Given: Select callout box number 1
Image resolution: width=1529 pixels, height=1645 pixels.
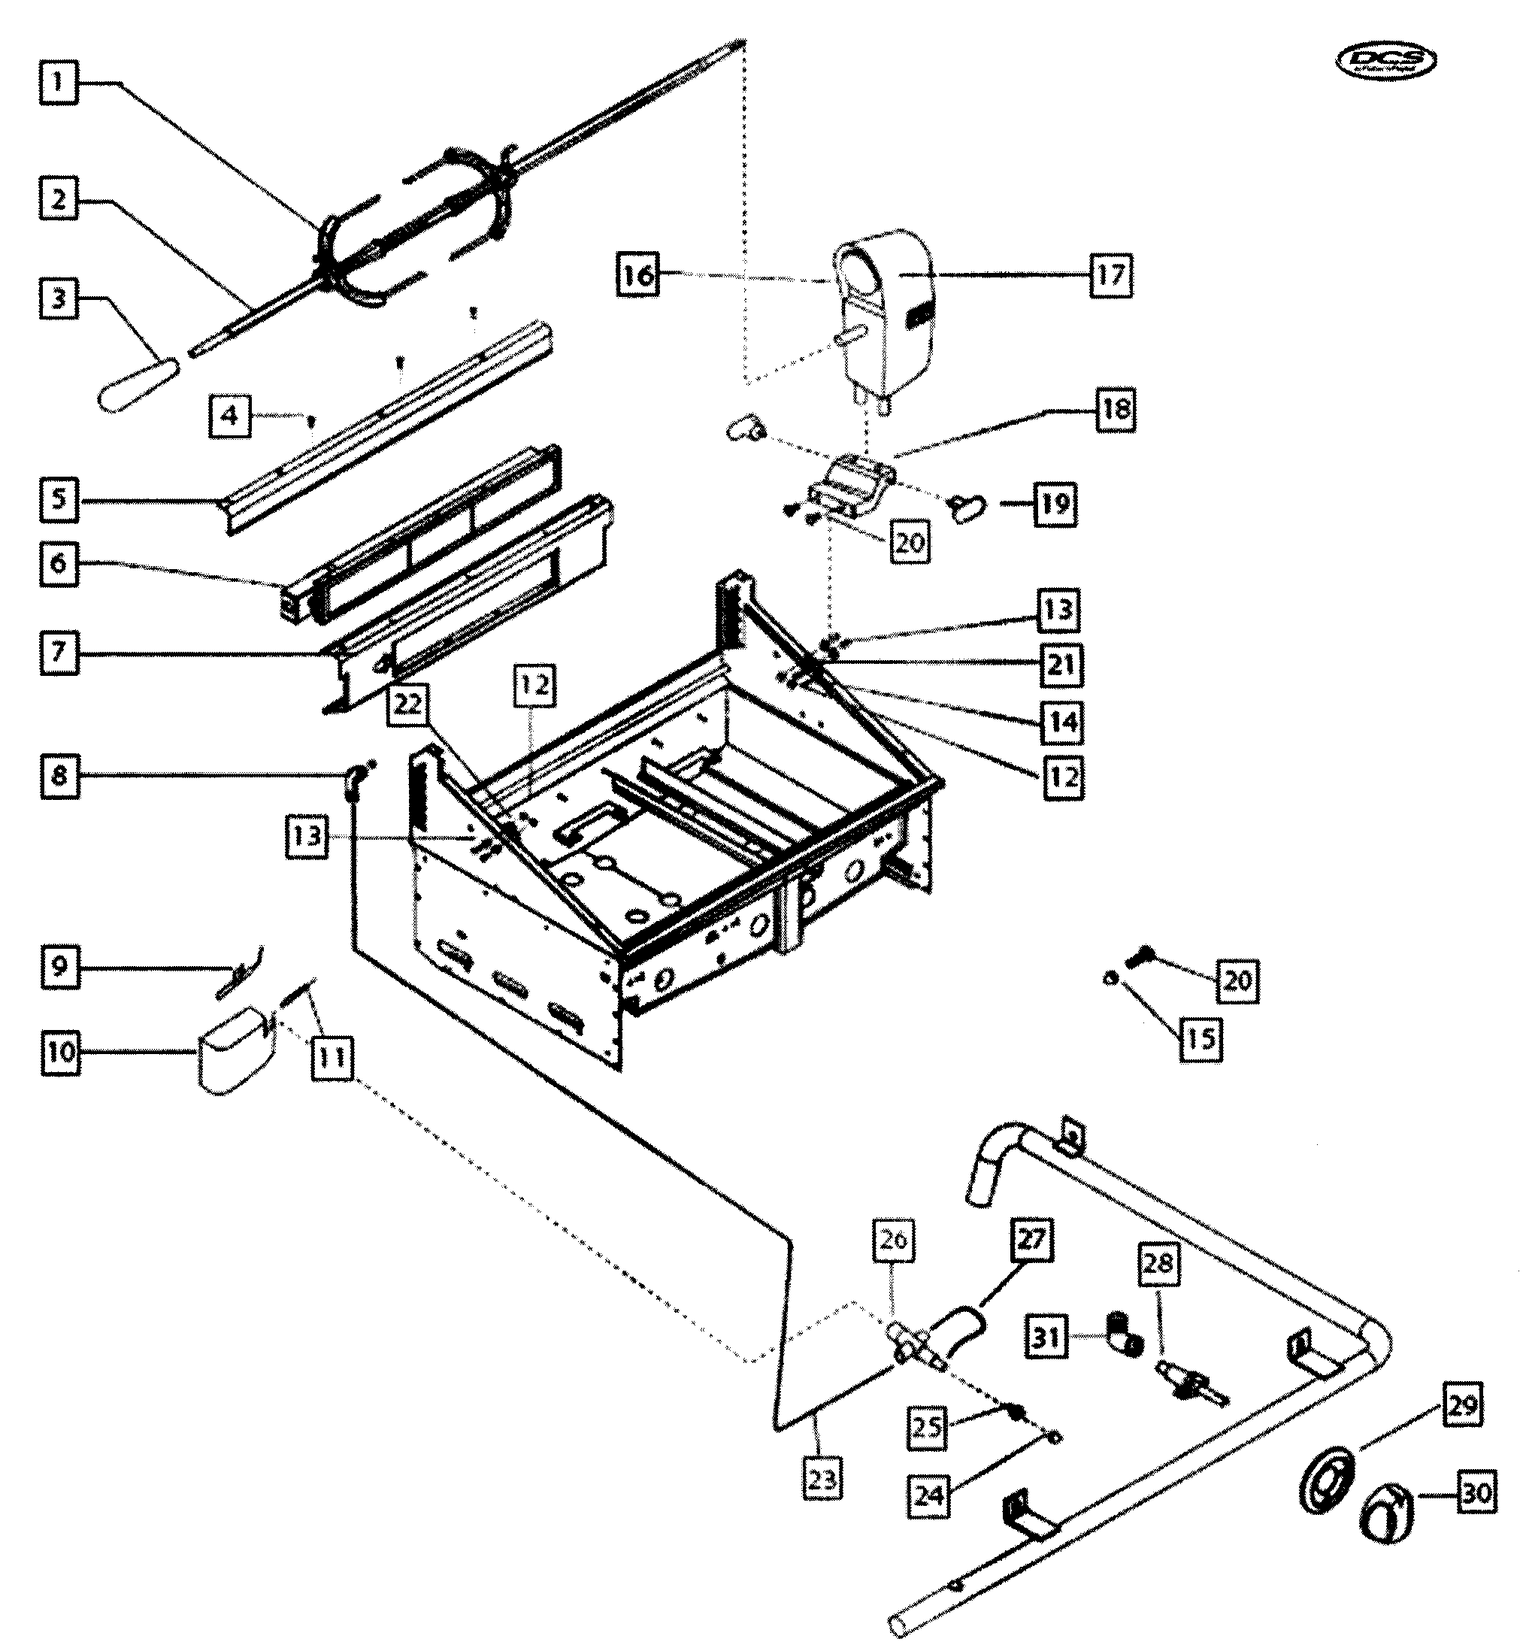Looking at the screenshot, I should [x=58, y=83].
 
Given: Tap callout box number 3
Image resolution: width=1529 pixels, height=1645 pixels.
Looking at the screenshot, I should [x=58, y=298].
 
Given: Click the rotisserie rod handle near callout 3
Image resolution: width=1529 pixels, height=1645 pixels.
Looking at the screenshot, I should [x=138, y=386].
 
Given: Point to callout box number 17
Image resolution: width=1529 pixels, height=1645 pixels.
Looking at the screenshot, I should [x=1110, y=274].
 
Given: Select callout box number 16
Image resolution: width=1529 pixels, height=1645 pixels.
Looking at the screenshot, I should [x=638, y=274].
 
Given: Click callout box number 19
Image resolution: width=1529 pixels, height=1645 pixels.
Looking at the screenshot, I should [x=1055, y=503].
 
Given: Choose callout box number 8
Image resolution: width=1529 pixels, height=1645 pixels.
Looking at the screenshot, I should [x=59, y=776].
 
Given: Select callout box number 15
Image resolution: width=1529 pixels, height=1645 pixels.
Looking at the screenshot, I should [x=1200, y=1038].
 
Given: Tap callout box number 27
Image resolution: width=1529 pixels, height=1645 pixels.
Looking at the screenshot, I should [x=1031, y=1239].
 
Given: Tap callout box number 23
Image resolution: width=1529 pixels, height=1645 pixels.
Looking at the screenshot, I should [x=822, y=1480].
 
